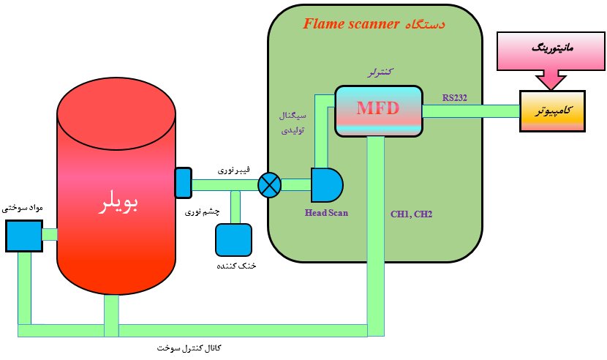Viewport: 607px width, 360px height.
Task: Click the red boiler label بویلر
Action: (118, 205)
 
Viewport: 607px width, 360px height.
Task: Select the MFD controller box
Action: (379, 110)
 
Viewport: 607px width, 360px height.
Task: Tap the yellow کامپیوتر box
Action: (552, 111)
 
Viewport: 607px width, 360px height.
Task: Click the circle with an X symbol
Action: (270, 184)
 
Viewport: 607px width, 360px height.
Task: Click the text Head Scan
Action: (326, 214)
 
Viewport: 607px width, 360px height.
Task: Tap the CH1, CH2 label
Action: (412, 214)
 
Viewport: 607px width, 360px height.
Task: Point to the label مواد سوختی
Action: (21, 209)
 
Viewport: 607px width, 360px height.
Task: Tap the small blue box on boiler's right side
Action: (183, 183)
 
